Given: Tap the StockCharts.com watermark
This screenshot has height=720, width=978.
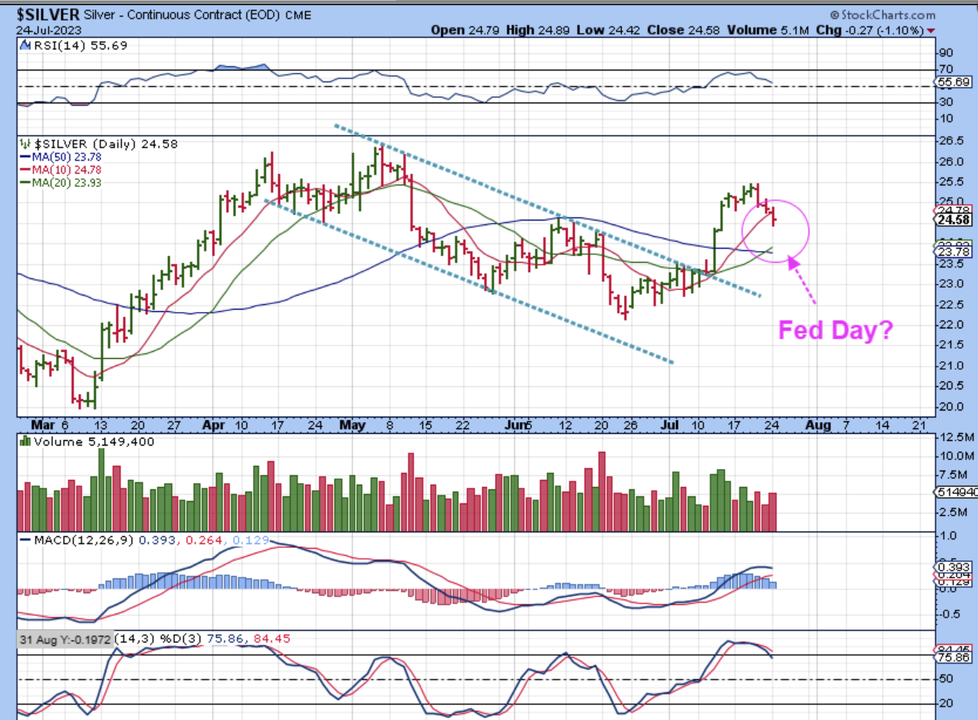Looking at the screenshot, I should (x=888, y=15).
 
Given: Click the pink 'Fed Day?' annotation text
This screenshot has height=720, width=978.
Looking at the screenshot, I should (x=835, y=330).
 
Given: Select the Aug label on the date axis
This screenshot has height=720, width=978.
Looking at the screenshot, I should (x=818, y=424).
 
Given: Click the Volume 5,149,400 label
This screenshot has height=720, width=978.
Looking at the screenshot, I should (x=88, y=442).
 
